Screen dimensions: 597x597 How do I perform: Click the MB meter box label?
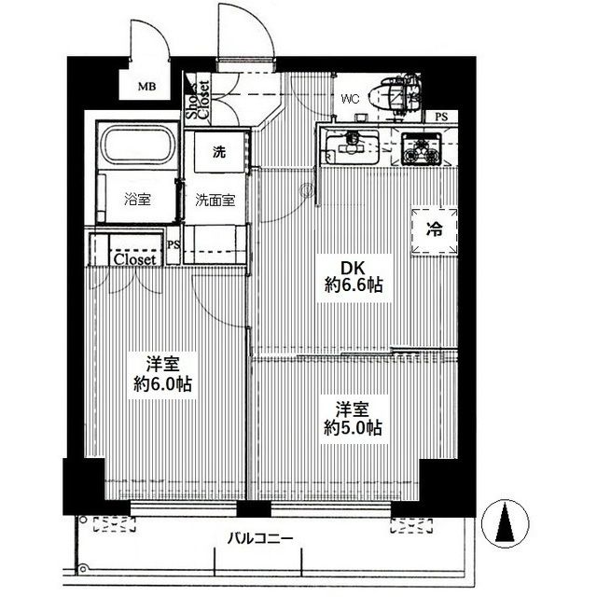(147, 87)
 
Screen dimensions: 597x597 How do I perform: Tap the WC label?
(351, 100)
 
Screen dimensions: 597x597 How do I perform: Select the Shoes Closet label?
(199, 98)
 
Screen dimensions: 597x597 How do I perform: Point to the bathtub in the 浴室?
(137, 146)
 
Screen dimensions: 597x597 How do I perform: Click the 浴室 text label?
(137, 199)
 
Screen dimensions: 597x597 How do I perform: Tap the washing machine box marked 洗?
(218, 152)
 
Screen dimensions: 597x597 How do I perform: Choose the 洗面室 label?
(215, 201)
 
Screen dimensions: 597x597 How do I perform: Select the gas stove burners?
(421, 149)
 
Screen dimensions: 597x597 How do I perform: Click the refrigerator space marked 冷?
(435, 230)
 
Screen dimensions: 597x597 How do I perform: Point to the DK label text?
(353, 269)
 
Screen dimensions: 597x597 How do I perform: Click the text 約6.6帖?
(354, 285)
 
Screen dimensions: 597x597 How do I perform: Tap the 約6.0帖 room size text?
(162, 384)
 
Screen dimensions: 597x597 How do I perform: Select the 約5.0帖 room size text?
(353, 428)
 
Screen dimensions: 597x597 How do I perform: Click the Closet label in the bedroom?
(134, 260)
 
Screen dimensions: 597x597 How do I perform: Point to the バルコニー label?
(260, 539)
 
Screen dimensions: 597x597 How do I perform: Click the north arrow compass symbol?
(505, 524)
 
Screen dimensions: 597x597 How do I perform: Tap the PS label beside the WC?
(441, 117)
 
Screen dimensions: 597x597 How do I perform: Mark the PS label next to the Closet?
(174, 244)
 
